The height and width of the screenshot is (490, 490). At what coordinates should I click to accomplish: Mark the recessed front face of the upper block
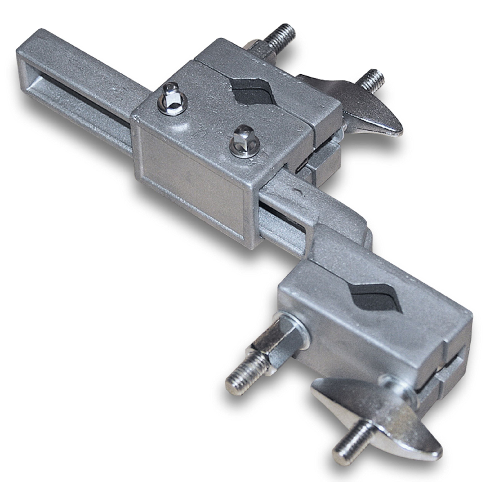click(190, 183)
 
